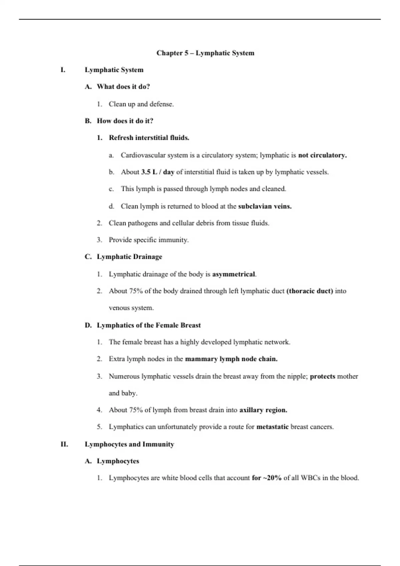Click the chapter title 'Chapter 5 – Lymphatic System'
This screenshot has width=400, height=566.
coord(205,53)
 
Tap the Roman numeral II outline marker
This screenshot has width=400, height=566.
coord(64,444)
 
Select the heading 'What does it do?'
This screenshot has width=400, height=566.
coord(123,87)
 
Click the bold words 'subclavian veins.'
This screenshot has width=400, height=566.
coord(265,206)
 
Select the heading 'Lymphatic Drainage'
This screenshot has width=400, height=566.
coord(129,257)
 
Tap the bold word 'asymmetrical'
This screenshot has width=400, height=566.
coord(233,274)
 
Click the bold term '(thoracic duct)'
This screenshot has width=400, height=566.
coord(310,291)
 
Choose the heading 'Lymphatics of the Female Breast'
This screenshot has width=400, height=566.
coord(149,325)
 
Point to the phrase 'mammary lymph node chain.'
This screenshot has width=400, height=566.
coord(231,359)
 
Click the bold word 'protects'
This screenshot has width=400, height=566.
coord(322,376)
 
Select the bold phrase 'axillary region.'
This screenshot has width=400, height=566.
coord(263,410)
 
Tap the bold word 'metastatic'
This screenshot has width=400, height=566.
coord(272,427)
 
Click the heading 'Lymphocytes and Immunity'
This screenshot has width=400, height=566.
coord(129,444)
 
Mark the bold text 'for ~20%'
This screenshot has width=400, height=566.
coord(267,478)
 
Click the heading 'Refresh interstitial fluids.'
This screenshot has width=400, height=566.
coord(149,138)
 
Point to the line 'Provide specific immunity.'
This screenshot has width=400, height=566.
coord(149,240)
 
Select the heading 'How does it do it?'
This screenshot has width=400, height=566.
coord(125,121)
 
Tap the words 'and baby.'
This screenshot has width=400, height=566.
coord(123,393)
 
